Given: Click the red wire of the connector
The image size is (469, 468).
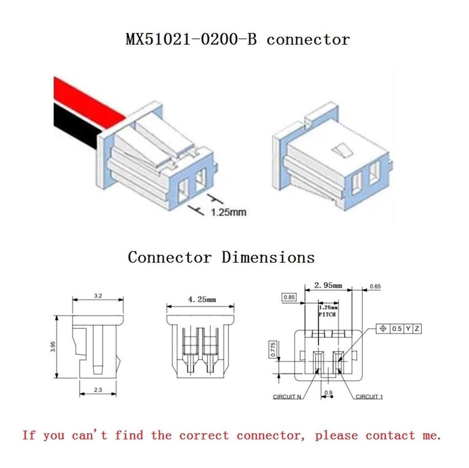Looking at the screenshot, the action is pyautogui.click(x=88, y=102).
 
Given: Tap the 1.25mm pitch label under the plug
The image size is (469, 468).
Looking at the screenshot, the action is pyautogui.click(x=229, y=212).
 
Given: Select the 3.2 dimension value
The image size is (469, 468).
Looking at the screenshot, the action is pyautogui.click(x=98, y=296).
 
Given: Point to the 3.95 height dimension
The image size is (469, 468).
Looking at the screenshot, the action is pyautogui.click(x=53, y=347).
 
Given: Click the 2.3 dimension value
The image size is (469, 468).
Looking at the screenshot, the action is pyautogui.click(x=98, y=390).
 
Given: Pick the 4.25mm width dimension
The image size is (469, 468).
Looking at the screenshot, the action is pyautogui.click(x=202, y=299).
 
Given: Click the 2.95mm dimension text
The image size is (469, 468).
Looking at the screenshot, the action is pyautogui.click(x=328, y=285).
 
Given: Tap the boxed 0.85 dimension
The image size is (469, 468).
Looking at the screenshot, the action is pyautogui.click(x=289, y=297).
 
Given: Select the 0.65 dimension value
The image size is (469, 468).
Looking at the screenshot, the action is pyautogui.click(x=375, y=286).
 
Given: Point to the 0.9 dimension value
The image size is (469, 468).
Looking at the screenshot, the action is pyautogui.click(x=328, y=392).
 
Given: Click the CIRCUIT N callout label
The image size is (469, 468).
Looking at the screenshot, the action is pyautogui.click(x=287, y=397).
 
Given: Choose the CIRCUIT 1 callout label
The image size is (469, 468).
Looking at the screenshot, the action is pyautogui.click(x=369, y=397).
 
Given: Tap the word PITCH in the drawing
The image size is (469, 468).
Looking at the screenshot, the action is pyautogui.click(x=328, y=315).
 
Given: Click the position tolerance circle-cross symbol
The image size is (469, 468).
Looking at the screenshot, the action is pyautogui.click(x=383, y=329).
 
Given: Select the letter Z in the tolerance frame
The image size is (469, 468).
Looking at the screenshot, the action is pyautogui.click(x=417, y=329).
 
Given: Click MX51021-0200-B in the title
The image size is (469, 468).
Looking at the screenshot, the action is pyautogui.click(x=191, y=39).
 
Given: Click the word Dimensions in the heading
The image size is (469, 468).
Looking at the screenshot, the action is pyautogui.click(x=268, y=257).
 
